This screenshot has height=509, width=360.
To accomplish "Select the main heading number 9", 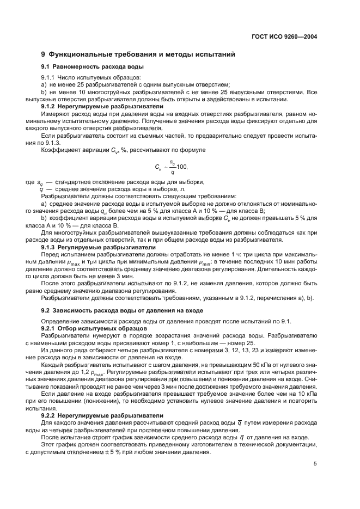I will coord(44,55).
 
